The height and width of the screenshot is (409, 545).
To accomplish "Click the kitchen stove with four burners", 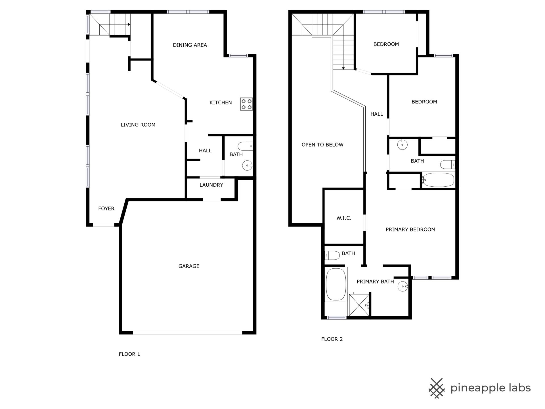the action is [246, 104].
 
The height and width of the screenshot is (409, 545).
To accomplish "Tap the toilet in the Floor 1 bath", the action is [245, 146].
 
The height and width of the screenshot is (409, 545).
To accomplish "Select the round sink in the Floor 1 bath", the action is [248, 165].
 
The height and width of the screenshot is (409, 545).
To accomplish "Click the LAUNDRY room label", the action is [211, 185].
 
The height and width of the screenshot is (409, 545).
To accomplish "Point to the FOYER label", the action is [106, 208].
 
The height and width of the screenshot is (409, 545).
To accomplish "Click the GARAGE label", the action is [189, 266].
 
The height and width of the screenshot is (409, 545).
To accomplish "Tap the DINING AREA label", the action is [190, 45].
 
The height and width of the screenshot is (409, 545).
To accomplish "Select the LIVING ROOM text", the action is [138, 125].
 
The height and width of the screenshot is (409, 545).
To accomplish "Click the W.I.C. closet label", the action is [344, 218].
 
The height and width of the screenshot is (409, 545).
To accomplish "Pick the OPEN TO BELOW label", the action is [322, 145].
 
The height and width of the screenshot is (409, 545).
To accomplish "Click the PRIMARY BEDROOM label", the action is [410, 229].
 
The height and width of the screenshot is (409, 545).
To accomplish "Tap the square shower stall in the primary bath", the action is [359, 305].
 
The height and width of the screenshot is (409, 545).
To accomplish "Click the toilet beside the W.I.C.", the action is [332, 256].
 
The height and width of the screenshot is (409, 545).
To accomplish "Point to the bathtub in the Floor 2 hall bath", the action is [438, 180].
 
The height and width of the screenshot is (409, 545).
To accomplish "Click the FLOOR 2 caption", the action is [332, 339].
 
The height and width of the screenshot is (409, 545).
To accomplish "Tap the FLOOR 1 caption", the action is [129, 354].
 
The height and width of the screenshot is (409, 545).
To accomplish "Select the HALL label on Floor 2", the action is [377, 114].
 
